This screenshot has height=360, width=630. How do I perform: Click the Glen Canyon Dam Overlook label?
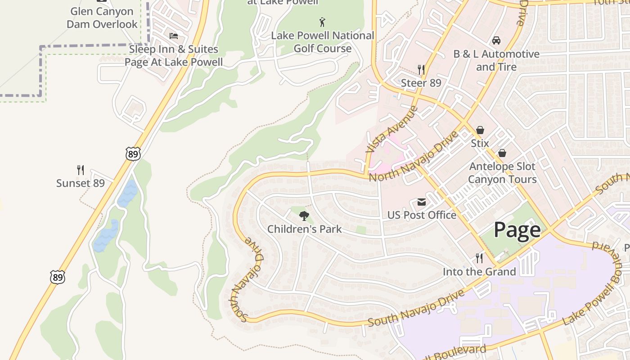click(102, 18)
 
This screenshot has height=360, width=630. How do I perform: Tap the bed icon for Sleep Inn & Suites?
click(174, 36)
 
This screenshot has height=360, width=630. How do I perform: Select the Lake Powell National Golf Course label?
click(323, 42)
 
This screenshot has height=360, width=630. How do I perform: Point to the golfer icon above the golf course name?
click(322, 22)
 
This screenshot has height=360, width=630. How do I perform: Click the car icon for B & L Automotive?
click(496, 40)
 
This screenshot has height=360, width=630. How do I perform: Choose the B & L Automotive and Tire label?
click(496, 60)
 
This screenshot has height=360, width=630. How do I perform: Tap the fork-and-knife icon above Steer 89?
click(421, 69)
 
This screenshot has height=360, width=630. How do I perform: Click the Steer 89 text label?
click(421, 83)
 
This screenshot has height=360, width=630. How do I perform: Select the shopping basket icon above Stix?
click(480, 130)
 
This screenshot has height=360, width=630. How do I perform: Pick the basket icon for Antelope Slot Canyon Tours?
click(502, 153)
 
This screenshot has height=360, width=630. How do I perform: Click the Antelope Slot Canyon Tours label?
click(502, 173)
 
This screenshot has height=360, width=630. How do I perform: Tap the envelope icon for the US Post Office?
click(422, 202)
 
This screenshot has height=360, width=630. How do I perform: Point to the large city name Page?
click(517, 230)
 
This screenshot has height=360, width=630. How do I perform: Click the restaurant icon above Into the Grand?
click(479, 258)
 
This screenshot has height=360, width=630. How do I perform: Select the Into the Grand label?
click(479, 272)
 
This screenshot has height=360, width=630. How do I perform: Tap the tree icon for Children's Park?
click(305, 216)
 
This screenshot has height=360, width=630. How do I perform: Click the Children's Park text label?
click(305, 229)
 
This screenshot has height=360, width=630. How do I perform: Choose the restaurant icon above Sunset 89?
click(81, 170)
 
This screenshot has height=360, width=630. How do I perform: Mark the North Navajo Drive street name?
click(414, 156)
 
